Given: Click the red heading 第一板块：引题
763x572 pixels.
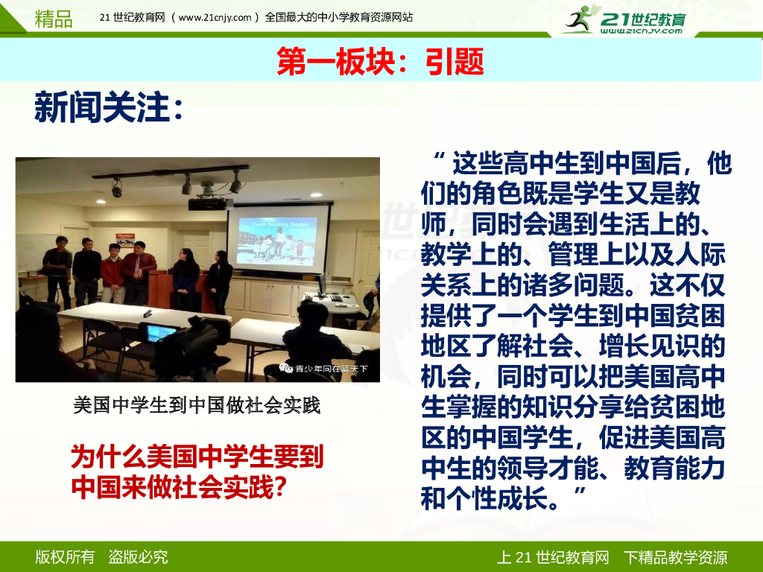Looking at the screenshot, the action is [380, 61].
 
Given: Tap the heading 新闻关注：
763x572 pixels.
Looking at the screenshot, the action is [108, 107].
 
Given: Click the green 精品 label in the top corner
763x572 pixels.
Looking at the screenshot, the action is [54, 19].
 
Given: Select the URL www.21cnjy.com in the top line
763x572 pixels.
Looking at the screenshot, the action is [215, 18].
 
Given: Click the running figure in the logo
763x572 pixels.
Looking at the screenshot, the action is [580, 19].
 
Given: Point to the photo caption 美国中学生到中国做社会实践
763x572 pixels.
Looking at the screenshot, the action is [197, 404].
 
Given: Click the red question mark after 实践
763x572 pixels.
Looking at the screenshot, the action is [280, 486].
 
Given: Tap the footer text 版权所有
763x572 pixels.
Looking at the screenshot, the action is [65, 557].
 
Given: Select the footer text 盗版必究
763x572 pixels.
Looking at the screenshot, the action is [138, 557].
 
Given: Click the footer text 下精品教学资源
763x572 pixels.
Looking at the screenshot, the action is [675, 557].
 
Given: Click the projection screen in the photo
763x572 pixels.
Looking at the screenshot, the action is [279, 238].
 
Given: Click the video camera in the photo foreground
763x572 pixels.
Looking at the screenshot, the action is [183, 341].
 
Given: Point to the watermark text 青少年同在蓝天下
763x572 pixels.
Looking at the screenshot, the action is [331, 369].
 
